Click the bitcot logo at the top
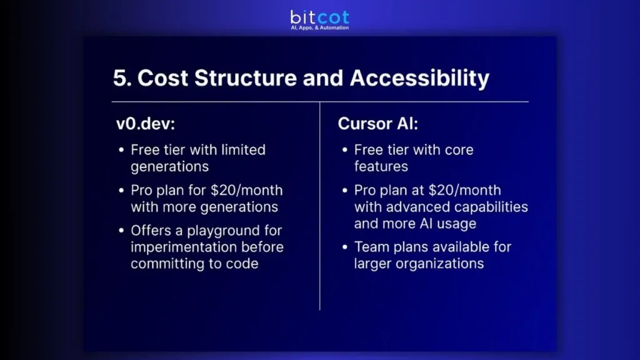click(320, 17)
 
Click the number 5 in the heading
click(119, 78)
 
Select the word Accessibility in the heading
click(419, 78)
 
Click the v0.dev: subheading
click(144, 124)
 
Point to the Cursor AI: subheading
click(378, 124)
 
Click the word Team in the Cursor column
click(371, 247)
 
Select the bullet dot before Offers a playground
click(121, 231)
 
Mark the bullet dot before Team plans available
click(345, 247)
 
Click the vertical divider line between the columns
click(320, 206)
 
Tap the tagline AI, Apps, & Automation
click(320, 28)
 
